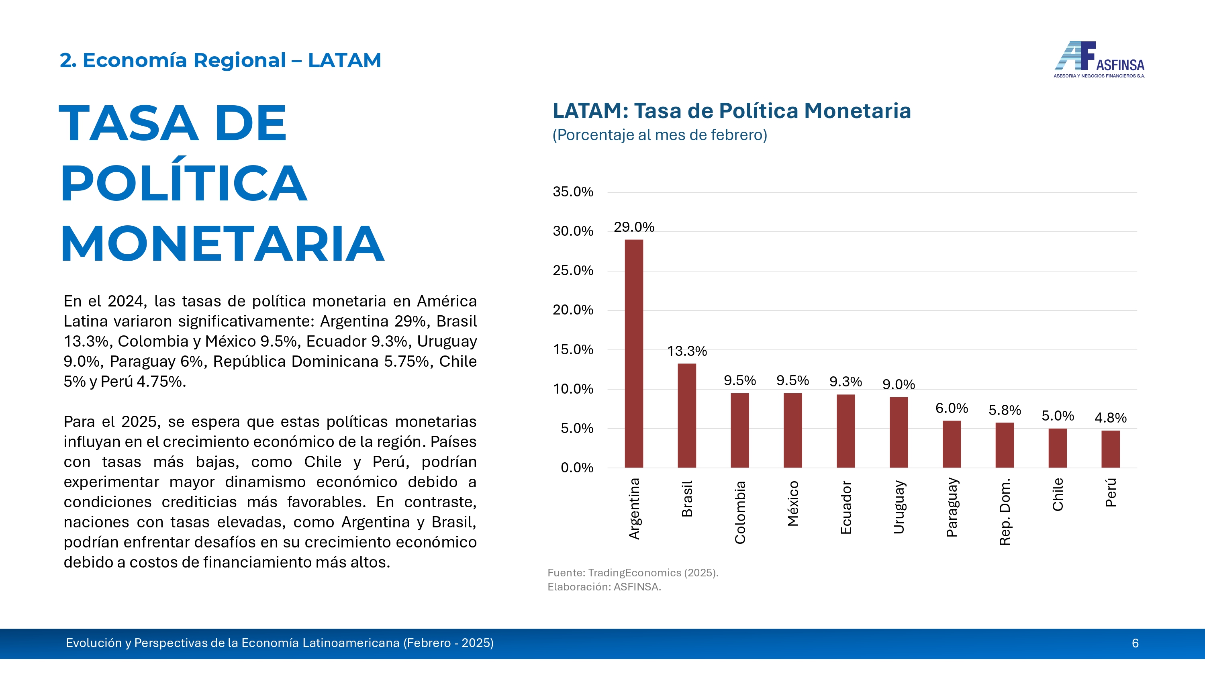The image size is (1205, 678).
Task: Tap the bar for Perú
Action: point(1111,449)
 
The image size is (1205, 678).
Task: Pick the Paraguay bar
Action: point(952,444)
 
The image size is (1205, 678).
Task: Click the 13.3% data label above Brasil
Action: point(687,351)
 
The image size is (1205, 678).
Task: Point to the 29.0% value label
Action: point(634,227)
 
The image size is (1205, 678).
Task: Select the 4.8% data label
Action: point(1111,417)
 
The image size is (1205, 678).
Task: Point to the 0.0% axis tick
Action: point(576,468)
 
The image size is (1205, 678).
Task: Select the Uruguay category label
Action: point(899,507)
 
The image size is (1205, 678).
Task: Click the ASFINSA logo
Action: point(1099,60)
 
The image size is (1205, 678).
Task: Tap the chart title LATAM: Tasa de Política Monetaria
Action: point(731,111)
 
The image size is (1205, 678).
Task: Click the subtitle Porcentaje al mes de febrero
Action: point(660,135)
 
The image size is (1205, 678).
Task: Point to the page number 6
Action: point(1135,643)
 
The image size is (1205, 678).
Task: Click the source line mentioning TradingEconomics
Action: point(633,573)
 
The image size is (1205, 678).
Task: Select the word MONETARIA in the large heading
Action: point(222,243)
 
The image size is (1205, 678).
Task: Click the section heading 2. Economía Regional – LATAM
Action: point(220,60)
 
